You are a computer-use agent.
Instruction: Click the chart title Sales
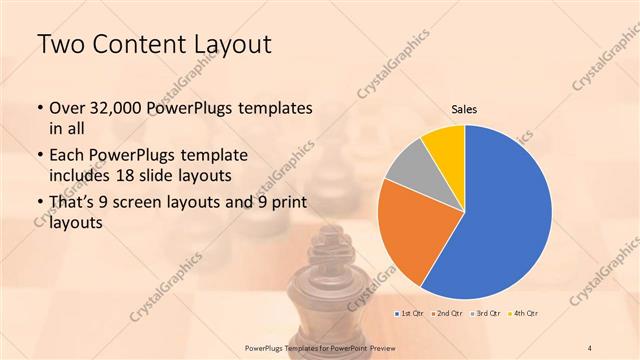(464, 108)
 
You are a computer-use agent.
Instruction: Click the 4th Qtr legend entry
(522, 314)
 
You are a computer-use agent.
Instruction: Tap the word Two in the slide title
(58, 46)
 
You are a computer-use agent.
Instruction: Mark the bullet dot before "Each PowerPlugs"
(39, 158)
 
